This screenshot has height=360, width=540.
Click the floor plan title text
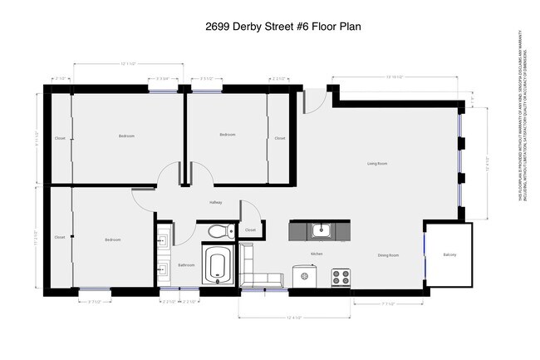click(270, 27)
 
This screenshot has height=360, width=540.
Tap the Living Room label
click(378, 163)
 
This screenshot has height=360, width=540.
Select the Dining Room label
click(389, 255)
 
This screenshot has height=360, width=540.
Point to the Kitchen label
click(317, 254)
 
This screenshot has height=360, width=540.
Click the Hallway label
click(215, 201)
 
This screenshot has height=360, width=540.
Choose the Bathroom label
click(186, 265)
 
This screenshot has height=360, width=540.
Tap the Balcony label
click(449, 254)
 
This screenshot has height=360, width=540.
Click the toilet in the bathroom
click(217, 230)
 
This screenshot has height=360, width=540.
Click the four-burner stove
click(341, 276)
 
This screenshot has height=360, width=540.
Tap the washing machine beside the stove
click(306, 277)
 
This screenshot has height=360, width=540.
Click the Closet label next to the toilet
click(250, 229)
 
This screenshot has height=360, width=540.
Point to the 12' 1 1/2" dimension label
click(127, 63)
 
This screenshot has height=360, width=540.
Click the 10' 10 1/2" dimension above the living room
click(393, 76)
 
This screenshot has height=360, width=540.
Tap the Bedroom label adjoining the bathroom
click(113, 240)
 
